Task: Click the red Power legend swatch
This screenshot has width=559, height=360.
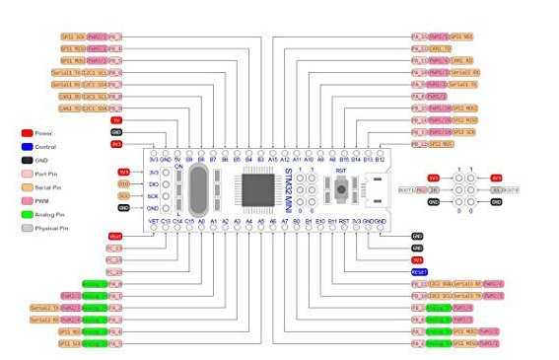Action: click(27, 131)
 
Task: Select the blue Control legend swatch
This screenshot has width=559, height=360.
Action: click(27, 145)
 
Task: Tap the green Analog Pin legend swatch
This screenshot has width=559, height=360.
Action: click(27, 214)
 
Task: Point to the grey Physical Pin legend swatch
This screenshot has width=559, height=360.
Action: click(27, 228)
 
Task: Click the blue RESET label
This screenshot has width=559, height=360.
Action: click(419, 271)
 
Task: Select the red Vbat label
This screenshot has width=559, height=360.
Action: click(115, 237)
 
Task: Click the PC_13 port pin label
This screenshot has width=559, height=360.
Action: click(114, 249)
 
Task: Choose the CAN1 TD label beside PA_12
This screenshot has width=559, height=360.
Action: click(440, 48)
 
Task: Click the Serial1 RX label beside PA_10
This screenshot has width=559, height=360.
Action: click(463, 72)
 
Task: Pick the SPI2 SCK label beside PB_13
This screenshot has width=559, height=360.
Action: click(463, 132)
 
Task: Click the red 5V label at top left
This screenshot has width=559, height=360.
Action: click(116, 120)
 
